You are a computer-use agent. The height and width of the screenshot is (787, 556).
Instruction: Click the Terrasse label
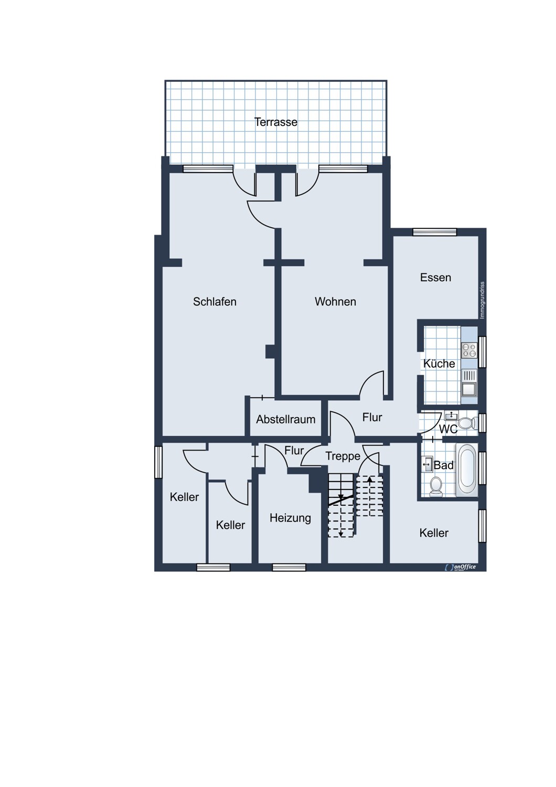pyautogui.click(x=275, y=122)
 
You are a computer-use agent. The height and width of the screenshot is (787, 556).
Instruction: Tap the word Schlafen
pyautogui.click(x=215, y=302)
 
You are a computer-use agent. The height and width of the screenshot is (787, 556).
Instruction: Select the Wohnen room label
pyautogui.click(x=335, y=302)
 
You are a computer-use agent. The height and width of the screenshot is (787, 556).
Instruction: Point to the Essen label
pyautogui.click(x=435, y=278)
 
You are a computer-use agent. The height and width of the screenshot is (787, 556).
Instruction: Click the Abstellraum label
pyautogui.click(x=285, y=419)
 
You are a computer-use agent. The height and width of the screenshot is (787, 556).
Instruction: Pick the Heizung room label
pyautogui.click(x=290, y=518)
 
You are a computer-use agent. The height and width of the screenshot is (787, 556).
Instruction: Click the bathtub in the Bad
pyautogui.click(x=466, y=471)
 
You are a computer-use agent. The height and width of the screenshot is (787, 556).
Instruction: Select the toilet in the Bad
pyautogui.click(x=435, y=487)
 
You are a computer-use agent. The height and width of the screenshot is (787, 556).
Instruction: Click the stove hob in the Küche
pyautogui.click(x=468, y=350)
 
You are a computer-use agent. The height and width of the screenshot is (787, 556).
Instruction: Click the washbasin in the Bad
pyautogui.click(x=426, y=464)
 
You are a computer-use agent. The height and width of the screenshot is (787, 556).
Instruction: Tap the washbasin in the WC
pyautogui.click(x=451, y=416)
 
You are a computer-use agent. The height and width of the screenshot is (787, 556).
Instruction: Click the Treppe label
pyautogui.click(x=343, y=456)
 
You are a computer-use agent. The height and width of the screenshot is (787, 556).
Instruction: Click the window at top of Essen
pyautogui.click(x=434, y=232)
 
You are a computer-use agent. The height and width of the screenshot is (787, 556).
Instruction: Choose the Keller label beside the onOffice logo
pyautogui.click(x=434, y=533)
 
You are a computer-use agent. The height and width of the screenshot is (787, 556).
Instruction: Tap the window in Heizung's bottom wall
pyautogui.click(x=289, y=567)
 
